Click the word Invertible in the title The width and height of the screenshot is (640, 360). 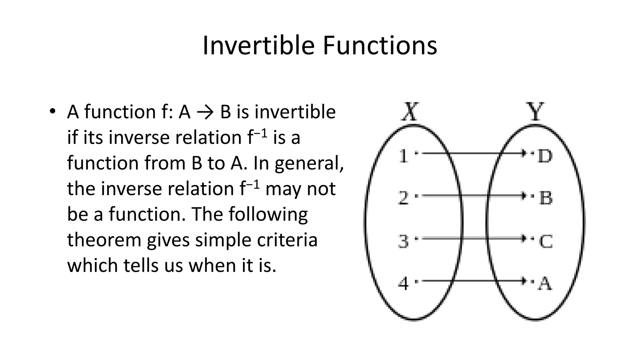(258, 46)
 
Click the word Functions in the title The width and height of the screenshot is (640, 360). (380, 46)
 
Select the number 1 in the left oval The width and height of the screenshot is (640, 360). (403, 156)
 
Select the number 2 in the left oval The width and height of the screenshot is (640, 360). (403, 198)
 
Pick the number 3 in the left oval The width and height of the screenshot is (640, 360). (403, 241)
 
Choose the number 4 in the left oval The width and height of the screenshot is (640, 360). (403, 284)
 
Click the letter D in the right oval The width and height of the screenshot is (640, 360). (545, 156)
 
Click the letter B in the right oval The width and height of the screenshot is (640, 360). (546, 198)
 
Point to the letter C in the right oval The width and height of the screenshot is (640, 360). (546, 241)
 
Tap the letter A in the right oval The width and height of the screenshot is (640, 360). (545, 284)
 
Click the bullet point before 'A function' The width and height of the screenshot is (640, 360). (52, 112)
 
